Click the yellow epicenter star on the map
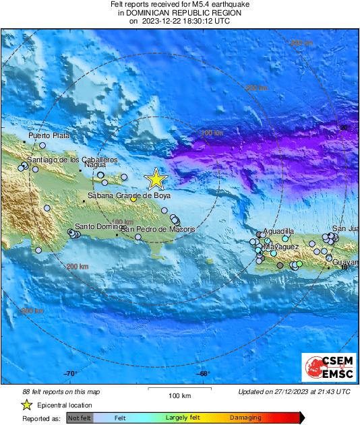156,178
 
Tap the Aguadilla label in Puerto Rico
278,231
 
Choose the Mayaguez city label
280,247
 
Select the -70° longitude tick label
71,374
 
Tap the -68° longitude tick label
204,374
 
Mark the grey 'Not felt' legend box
80,418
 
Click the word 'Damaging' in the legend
245,418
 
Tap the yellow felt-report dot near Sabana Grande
133,199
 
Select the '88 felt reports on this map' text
61,391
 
